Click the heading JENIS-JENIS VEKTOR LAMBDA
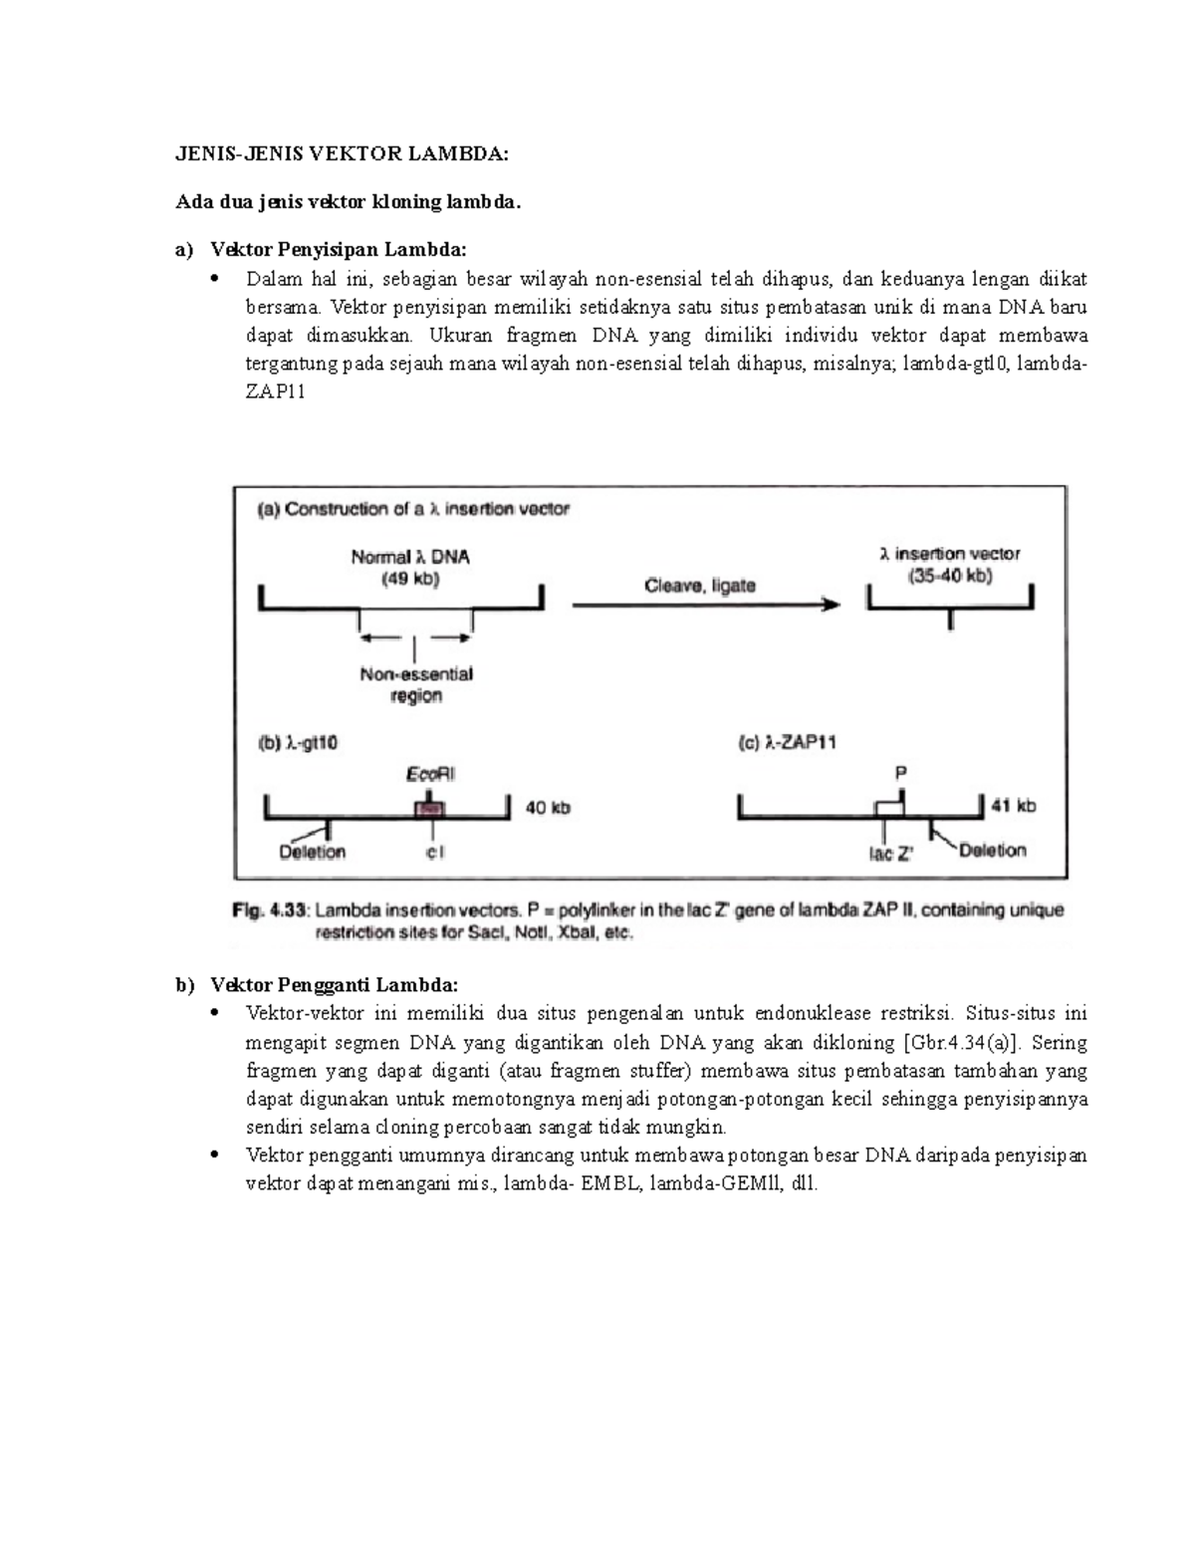[x=342, y=153]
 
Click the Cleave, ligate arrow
[x=705, y=604]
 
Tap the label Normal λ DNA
[x=409, y=558]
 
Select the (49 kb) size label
[x=410, y=579]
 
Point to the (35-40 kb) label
[x=950, y=576]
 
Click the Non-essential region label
[x=416, y=685]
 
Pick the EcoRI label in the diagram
[x=430, y=774]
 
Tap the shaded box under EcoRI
[x=429, y=810]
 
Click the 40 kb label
[x=548, y=808]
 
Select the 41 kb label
[x=1013, y=806]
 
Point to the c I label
[x=435, y=853]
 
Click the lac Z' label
[x=890, y=854]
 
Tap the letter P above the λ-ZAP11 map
[x=901, y=773]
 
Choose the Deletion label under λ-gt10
[x=312, y=852]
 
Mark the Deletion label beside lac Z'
[x=992, y=850]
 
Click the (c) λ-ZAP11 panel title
[x=786, y=743]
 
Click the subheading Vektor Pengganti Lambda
[x=334, y=985]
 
